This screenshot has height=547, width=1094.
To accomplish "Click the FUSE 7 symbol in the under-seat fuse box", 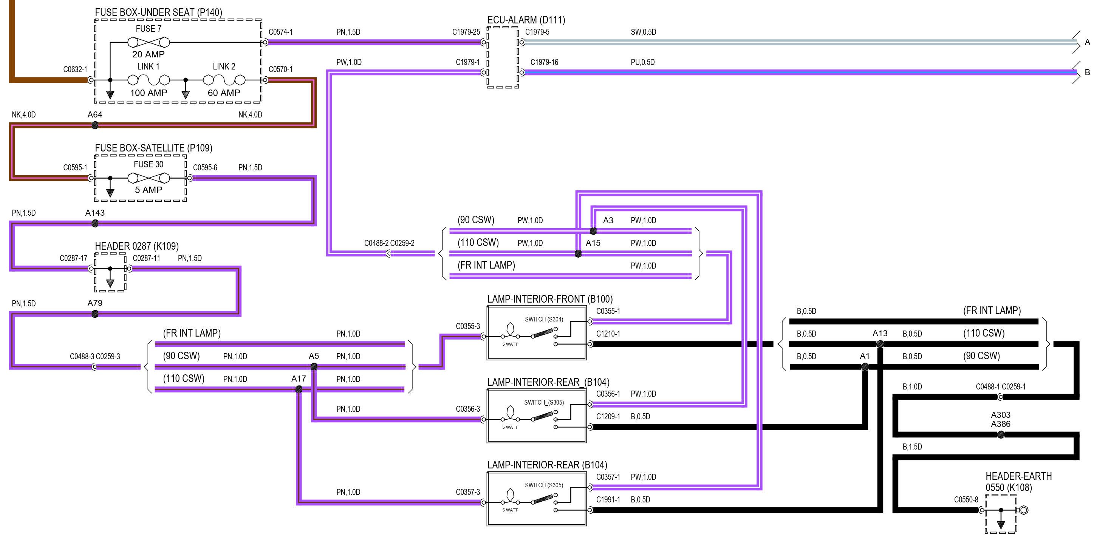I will click(149, 42).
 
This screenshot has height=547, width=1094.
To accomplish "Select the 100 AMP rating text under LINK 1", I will click(149, 93).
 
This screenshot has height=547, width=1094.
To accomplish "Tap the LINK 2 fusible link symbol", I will click(224, 80).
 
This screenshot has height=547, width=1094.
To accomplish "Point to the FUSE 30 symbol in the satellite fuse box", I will click(149, 178).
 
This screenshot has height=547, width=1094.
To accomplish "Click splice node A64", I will click(95, 125).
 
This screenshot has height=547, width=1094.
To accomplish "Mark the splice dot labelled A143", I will click(95, 223).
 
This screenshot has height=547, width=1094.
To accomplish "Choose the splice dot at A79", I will click(95, 314).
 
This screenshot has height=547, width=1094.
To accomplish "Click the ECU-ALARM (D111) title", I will click(526, 20).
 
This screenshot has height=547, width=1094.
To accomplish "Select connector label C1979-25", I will click(466, 32).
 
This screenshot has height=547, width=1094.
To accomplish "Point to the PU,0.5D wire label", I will click(642, 62).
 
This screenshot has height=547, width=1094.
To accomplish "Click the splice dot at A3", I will click(593, 231).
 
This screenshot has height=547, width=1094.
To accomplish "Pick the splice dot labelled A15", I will click(578, 254).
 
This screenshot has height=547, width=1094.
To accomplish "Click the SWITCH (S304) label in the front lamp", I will click(544, 319).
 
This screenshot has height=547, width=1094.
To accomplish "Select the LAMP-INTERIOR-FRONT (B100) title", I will click(549, 299).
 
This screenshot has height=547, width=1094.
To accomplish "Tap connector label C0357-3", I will click(467, 492).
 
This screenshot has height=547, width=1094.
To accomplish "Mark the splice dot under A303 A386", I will click(1001, 434).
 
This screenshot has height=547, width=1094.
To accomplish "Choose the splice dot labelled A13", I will click(880, 344).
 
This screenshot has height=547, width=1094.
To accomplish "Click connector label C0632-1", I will click(75, 69).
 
